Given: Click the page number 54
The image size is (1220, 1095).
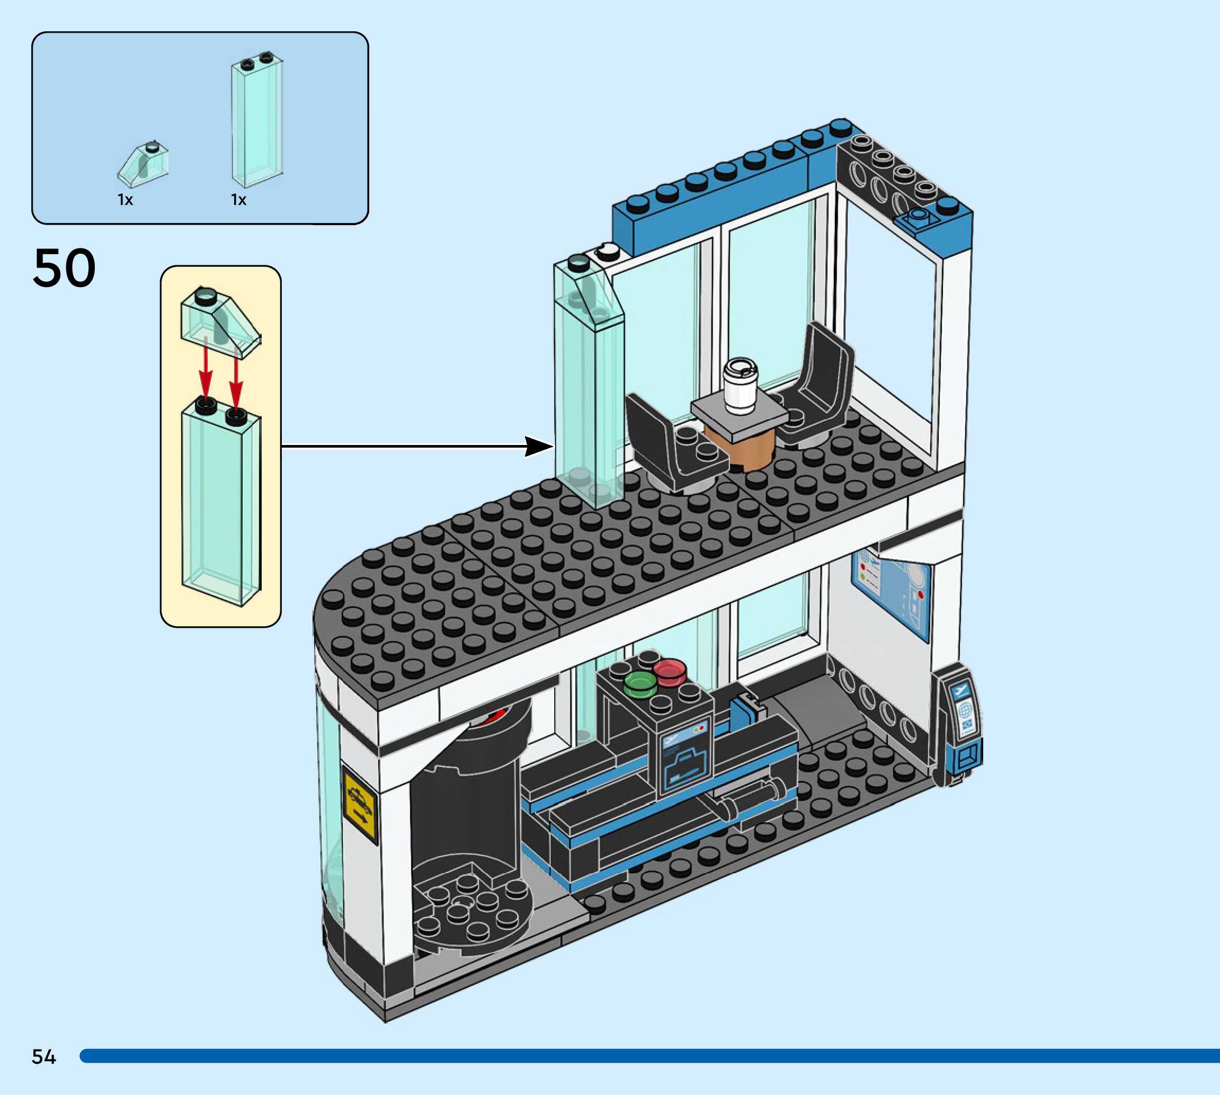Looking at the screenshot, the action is [43, 1056].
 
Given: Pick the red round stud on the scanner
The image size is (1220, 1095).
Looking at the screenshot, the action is [669, 670].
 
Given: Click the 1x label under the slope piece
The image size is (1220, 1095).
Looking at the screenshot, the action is [125, 200].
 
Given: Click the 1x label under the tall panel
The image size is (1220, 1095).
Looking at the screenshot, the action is [238, 200].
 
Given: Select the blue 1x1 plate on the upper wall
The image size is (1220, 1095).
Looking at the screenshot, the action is [917, 219].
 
